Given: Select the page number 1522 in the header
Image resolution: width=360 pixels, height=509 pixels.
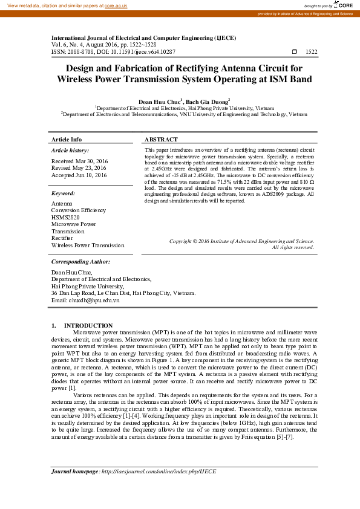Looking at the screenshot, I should tap(312, 53).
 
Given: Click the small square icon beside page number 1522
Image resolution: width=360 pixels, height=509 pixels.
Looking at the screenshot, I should tap(295, 53).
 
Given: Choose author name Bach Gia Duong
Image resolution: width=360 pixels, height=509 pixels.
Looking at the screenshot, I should tap(206, 102).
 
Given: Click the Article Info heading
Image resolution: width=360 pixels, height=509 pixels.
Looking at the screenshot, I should tap(67, 140).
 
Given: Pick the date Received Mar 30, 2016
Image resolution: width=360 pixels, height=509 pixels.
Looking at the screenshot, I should tap(79, 161).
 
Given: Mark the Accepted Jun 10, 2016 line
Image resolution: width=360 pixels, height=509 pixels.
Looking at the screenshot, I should tap(79, 175).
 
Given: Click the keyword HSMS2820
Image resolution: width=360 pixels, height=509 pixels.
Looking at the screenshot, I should tap(65, 218).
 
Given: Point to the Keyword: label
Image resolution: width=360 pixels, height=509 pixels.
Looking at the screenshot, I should tap(63, 193).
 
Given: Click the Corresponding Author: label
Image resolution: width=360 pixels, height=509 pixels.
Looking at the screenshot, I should tap(80, 262).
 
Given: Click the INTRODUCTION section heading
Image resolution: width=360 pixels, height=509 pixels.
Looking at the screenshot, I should tap(88, 326).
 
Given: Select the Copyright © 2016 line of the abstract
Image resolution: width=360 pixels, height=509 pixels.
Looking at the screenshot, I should tap(241, 241).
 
